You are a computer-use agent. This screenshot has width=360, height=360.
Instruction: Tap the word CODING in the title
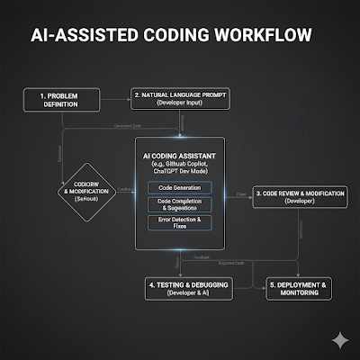click(x=181, y=36)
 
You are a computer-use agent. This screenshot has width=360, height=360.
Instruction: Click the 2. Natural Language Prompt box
click(x=179, y=97)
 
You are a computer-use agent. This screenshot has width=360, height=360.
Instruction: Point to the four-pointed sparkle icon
click(x=339, y=339)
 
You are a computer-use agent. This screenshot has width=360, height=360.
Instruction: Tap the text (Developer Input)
click(x=179, y=103)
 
